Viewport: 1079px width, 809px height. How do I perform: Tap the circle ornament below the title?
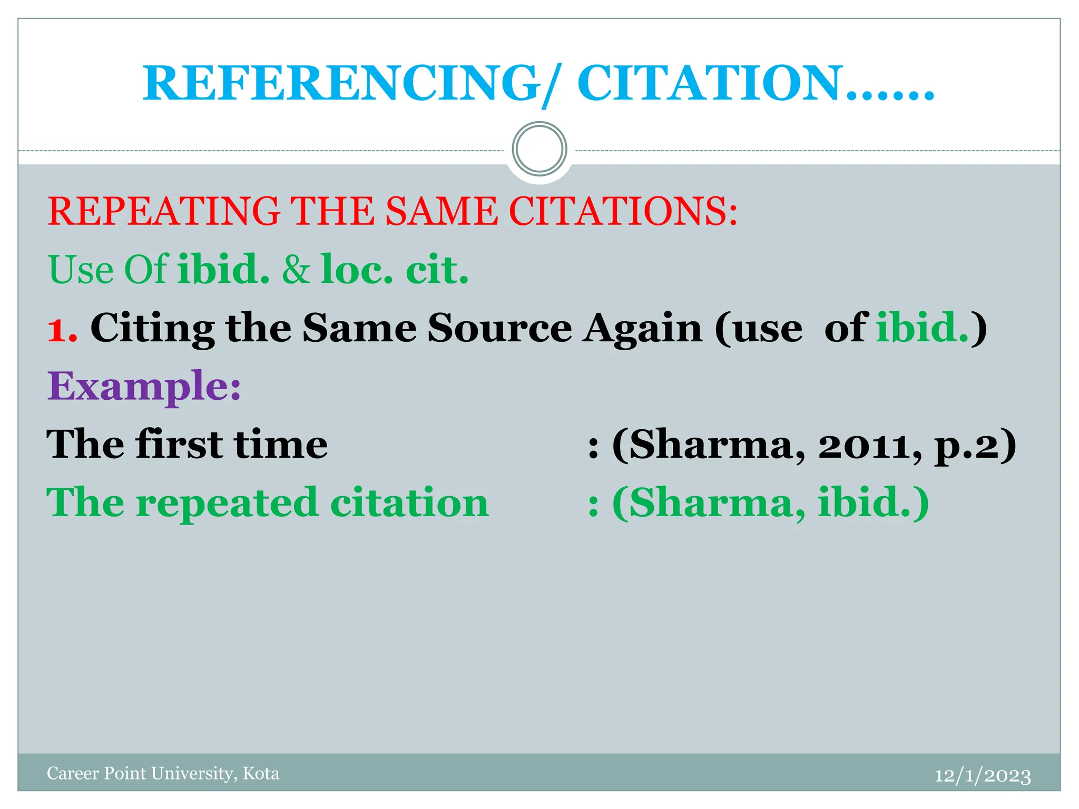click(539, 149)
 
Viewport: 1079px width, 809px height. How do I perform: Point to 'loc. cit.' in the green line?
click(395, 270)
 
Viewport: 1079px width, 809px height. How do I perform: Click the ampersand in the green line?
click(296, 270)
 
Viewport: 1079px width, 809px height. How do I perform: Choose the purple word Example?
click(144, 387)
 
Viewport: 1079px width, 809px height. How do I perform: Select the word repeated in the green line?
click(227, 504)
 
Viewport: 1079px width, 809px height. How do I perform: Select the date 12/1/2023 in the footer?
click(983, 775)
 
